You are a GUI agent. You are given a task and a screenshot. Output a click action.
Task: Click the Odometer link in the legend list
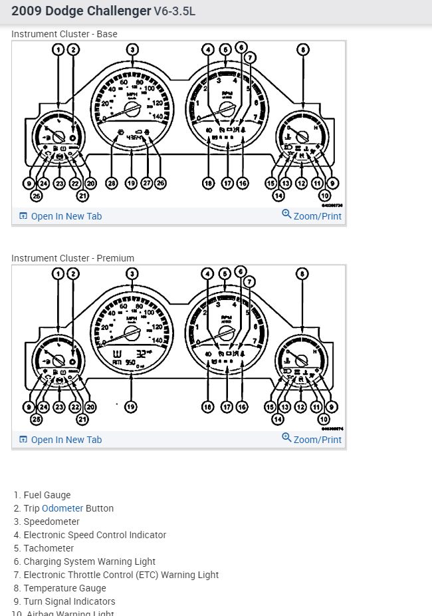tap(62, 508)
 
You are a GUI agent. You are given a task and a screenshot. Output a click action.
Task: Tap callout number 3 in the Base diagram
tap(133, 49)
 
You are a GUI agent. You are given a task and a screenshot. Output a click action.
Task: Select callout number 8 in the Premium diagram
tap(303, 273)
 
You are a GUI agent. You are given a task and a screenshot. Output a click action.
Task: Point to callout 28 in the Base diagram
tap(112, 183)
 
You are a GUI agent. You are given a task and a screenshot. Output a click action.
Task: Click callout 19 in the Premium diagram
tap(132, 406)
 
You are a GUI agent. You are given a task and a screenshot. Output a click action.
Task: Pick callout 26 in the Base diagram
tap(160, 183)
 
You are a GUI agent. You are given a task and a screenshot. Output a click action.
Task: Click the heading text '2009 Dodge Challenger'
tap(81, 11)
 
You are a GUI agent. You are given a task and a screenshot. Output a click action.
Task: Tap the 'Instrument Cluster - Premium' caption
tap(72, 258)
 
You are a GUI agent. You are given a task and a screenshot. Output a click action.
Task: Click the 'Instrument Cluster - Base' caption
tap(64, 34)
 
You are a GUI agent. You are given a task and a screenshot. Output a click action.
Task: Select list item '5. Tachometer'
tap(49, 548)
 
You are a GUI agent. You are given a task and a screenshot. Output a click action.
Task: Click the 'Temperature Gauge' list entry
tap(64, 588)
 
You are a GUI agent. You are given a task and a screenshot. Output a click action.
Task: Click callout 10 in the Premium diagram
tap(324, 419)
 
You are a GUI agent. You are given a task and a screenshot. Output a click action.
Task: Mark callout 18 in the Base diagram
tap(209, 183)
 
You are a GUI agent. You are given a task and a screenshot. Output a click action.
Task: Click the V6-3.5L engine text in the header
tap(175, 12)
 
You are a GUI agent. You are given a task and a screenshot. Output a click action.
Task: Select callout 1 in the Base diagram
tap(58, 49)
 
